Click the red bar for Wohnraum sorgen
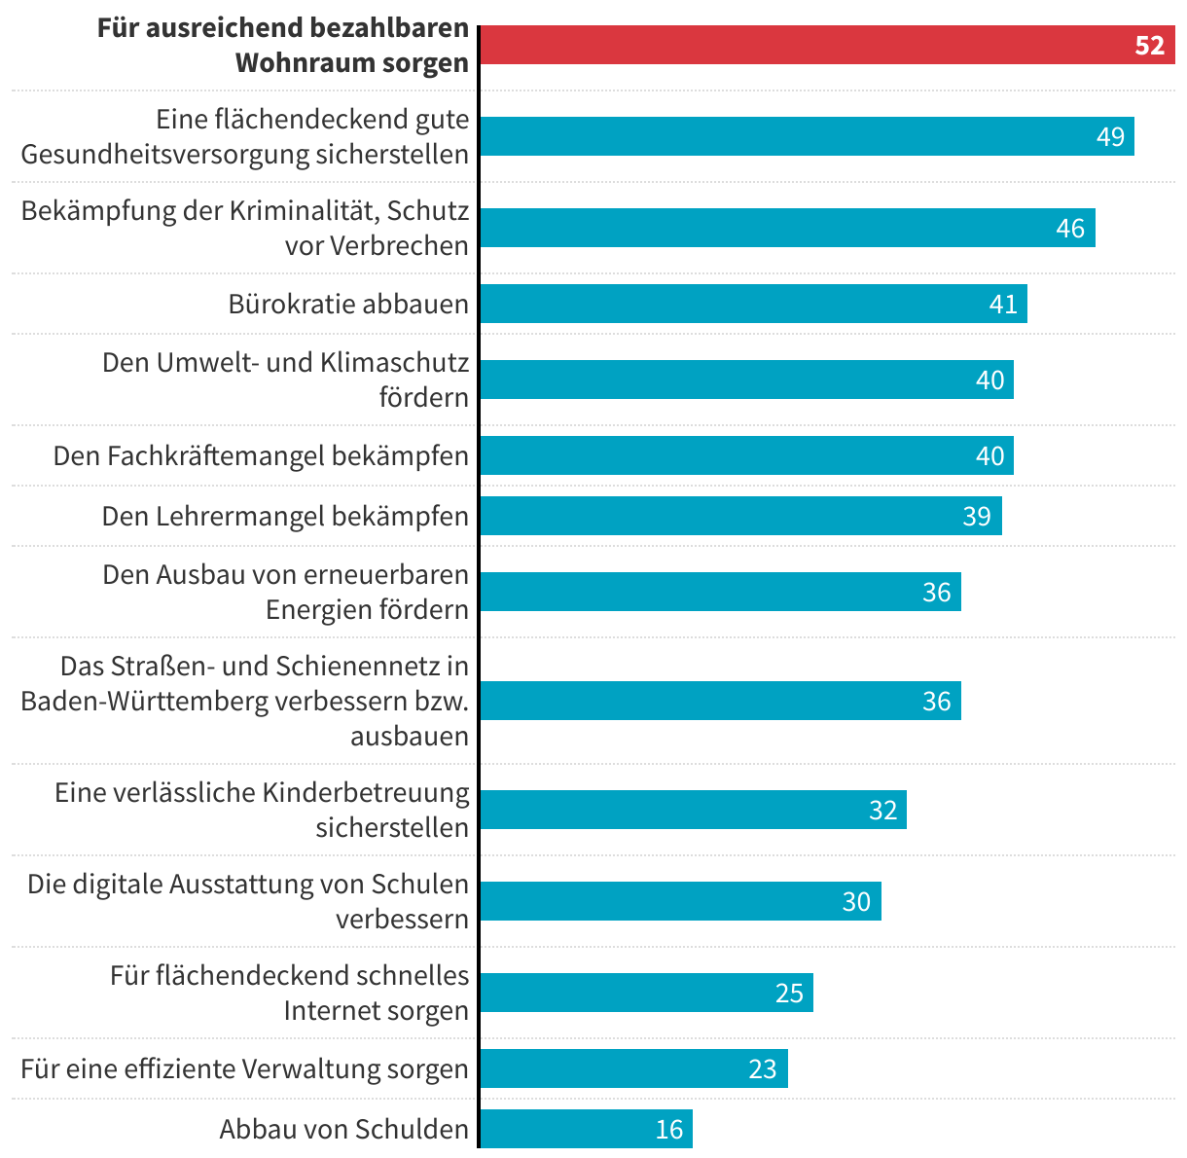(x=827, y=45)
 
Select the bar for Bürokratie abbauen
(x=753, y=304)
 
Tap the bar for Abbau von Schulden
(x=586, y=1129)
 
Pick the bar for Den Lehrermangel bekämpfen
(x=740, y=516)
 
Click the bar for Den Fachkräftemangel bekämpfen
(x=746, y=455)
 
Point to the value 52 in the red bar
(x=1149, y=46)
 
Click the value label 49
(x=1110, y=136)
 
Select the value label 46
(x=1070, y=228)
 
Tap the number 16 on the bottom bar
(x=669, y=1129)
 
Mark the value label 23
(x=763, y=1068)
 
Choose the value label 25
(x=789, y=993)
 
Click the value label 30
(x=856, y=901)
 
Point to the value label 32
(x=882, y=810)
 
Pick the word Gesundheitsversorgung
(x=164, y=154)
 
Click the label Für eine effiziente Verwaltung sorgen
(x=244, y=1068)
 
